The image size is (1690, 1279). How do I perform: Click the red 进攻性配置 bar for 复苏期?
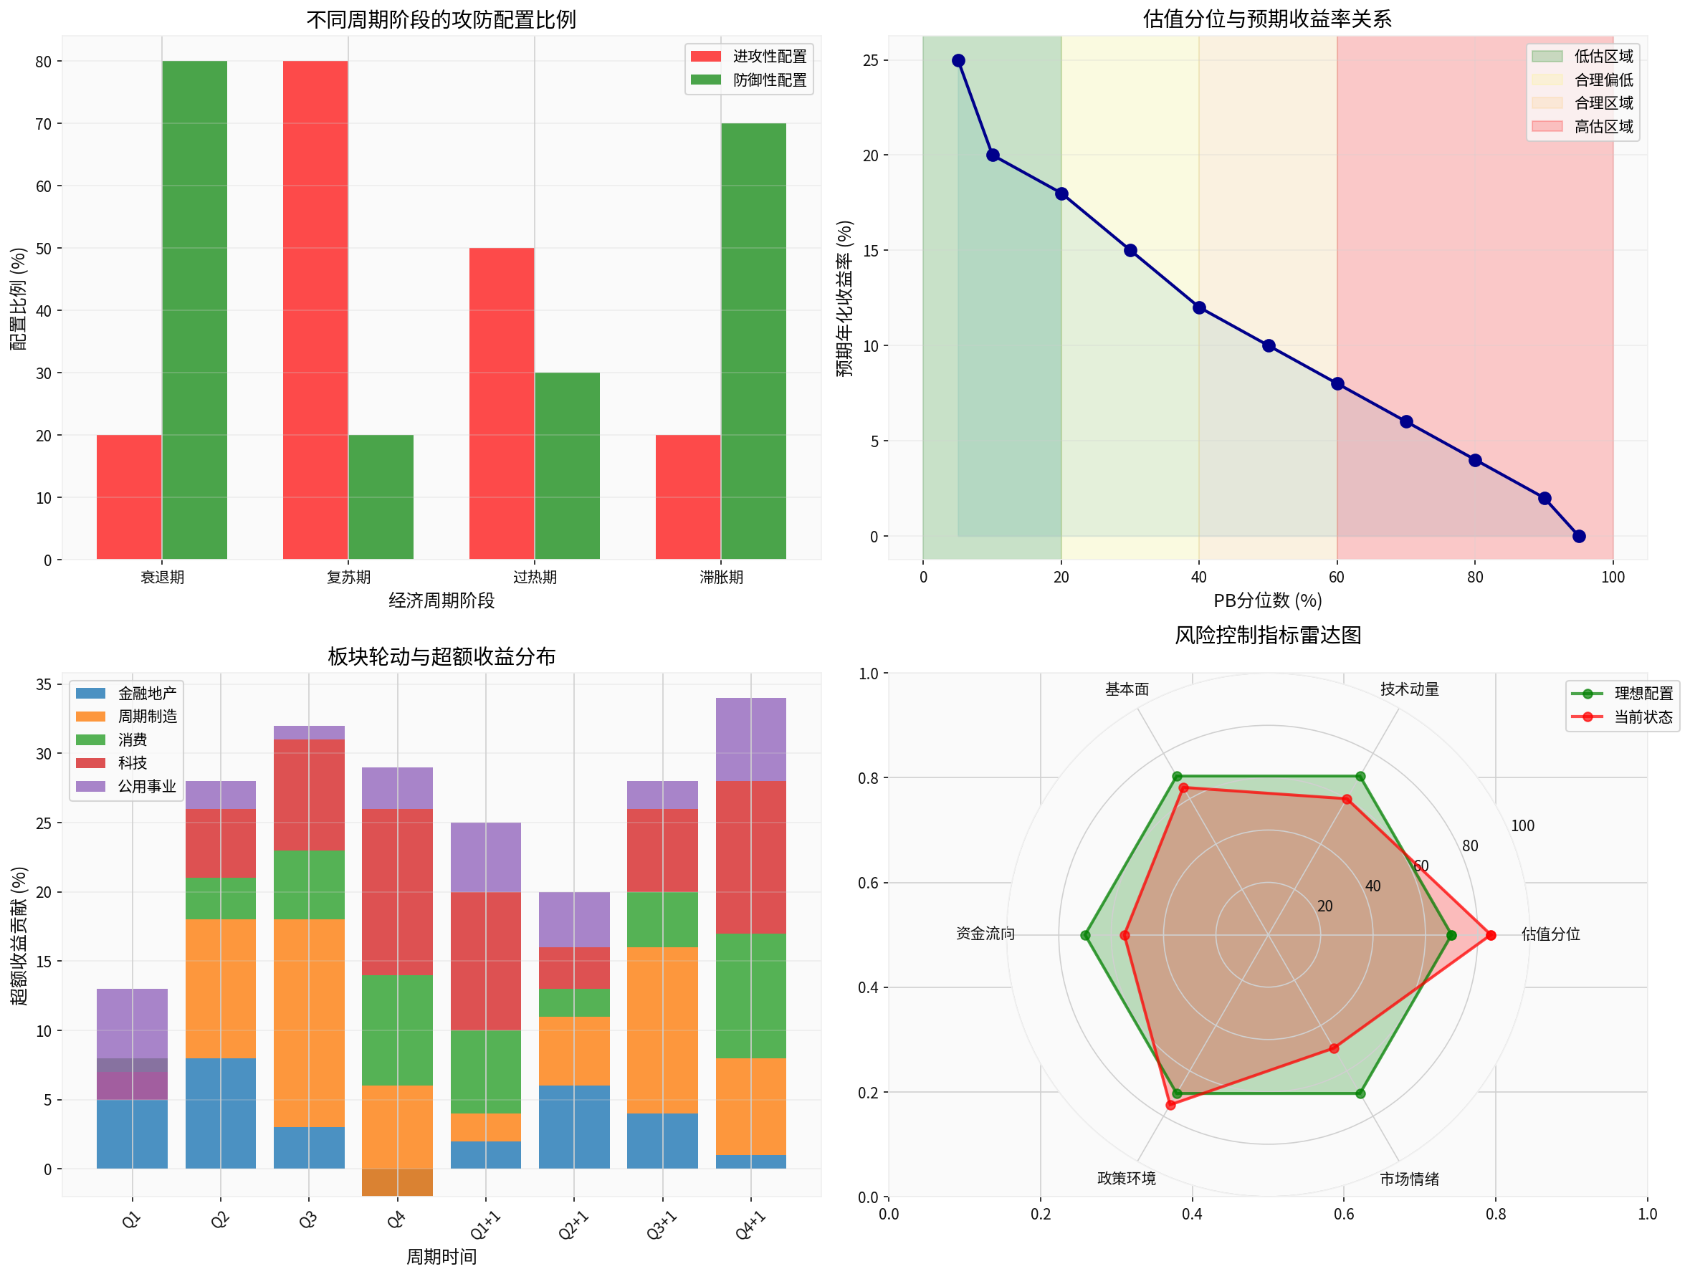pyautogui.click(x=315, y=310)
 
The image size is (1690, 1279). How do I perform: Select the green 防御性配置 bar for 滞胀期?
pyautogui.click(x=753, y=341)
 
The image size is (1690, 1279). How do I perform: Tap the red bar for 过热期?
pyautogui.click(x=501, y=403)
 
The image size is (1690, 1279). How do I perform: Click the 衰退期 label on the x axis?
pyautogui.click(x=162, y=578)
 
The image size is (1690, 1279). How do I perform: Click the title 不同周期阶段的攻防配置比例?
pyautogui.click(x=441, y=19)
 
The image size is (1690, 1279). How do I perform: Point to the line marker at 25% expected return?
pyautogui.click(x=958, y=60)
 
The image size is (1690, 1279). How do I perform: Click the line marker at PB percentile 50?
pyautogui.click(x=1269, y=346)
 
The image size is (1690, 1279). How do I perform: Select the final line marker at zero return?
pyautogui.click(x=1578, y=537)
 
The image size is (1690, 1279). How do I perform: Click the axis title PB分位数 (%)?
pyautogui.click(x=1267, y=600)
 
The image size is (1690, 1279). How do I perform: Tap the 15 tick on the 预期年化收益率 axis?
pyautogui.click(x=870, y=251)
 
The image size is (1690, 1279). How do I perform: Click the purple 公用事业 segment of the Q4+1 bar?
pyautogui.click(x=751, y=739)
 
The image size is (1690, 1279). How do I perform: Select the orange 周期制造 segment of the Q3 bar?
pyautogui.click(x=309, y=1023)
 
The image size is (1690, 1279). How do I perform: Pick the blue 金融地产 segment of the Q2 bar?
pyautogui.click(x=221, y=1113)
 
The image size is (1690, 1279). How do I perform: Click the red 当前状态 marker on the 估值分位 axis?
pyautogui.click(x=1490, y=935)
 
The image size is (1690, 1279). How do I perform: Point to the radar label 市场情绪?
pyautogui.click(x=1409, y=1179)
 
